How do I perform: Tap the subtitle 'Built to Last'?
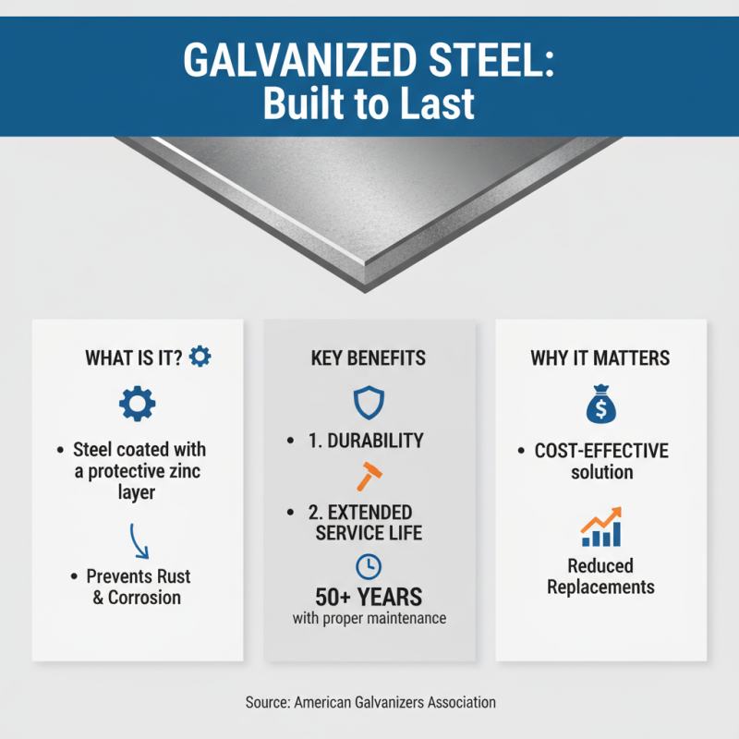click(x=369, y=103)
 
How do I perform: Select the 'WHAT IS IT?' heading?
click(x=134, y=357)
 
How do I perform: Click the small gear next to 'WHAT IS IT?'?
click(x=200, y=356)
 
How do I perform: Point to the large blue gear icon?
click(x=139, y=404)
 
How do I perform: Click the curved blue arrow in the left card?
click(x=138, y=539)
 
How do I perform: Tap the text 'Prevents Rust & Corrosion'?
click(x=139, y=586)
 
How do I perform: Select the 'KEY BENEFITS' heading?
click(x=369, y=357)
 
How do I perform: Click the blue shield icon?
click(x=369, y=402)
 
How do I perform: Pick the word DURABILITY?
click(x=380, y=442)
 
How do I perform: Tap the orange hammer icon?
click(x=369, y=477)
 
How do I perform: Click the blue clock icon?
click(x=369, y=566)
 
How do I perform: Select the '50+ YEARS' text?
click(x=369, y=595)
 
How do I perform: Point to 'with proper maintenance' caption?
click(x=369, y=618)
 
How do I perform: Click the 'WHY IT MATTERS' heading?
click(x=600, y=357)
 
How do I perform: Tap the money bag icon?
click(x=600, y=404)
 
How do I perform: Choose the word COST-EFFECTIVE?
click(x=601, y=451)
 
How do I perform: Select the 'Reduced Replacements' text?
click(x=600, y=575)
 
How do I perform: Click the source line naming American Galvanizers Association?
click(x=370, y=702)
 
